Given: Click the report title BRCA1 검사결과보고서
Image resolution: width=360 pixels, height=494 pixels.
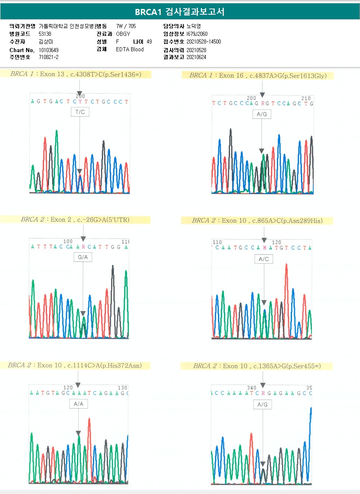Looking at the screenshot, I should click(x=180, y=12).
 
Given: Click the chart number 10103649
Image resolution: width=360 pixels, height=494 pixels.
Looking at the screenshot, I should click(x=48, y=50).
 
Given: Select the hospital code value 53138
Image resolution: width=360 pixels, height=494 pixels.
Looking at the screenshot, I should click(x=45, y=34).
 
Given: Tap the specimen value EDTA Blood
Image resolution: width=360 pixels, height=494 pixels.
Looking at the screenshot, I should click(x=130, y=50).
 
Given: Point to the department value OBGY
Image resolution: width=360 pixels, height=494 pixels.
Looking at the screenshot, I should click(x=123, y=34).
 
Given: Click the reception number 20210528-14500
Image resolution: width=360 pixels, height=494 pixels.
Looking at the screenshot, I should click(x=204, y=42).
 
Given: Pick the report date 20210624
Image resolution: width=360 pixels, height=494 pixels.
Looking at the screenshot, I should click(x=196, y=57).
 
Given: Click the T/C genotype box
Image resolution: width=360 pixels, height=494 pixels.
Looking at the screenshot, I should click(x=80, y=112).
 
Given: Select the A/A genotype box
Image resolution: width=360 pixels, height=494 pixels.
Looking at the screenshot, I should click(x=78, y=404).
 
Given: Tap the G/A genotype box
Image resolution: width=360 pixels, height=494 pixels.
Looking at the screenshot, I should click(x=83, y=257).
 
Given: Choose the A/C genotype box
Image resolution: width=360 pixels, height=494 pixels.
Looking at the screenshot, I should click(x=263, y=259).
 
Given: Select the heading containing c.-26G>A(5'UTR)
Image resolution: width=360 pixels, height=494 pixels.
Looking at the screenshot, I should click(x=75, y=220).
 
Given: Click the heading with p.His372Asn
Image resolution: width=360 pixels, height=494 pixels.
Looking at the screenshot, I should click(x=75, y=365).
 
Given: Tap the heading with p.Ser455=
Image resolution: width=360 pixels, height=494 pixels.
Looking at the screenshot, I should click(x=257, y=366).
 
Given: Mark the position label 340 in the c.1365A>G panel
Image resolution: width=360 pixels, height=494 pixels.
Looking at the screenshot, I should click(x=252, y=388).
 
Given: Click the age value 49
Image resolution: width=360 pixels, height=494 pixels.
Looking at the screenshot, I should click(x=149, y=42).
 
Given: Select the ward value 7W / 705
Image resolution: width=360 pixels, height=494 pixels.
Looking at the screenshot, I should click(x=126, y=26).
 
